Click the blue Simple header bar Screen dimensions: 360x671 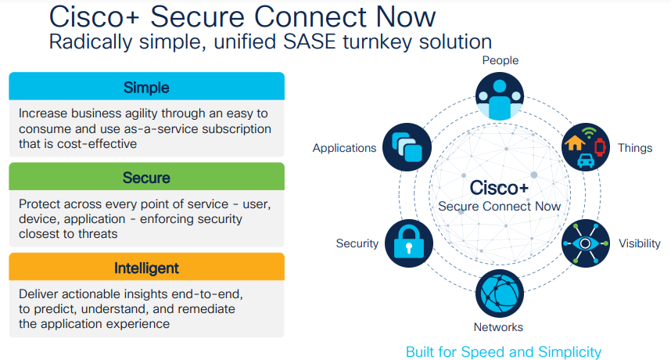point(146,87)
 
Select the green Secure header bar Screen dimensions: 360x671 point(146,177)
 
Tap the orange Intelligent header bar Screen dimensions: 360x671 point(146,268)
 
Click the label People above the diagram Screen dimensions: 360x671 point(501,60)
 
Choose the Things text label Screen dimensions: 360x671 point(634,148)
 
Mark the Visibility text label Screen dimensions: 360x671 point(640,243)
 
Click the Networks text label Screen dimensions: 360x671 point(498,326)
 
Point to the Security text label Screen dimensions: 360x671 point(357,243)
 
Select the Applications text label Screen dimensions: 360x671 point(344,148)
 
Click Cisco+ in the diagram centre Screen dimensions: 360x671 point(499,189)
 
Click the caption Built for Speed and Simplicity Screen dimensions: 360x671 point(504,351)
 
